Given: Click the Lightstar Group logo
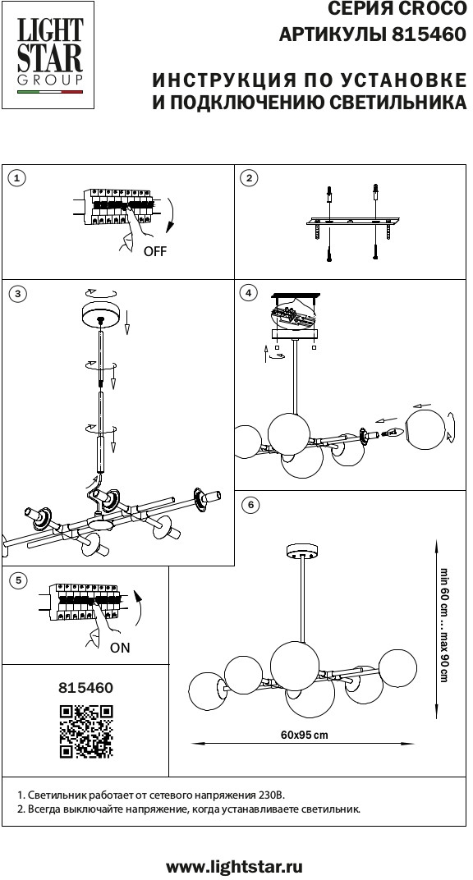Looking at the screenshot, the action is pos(48,55).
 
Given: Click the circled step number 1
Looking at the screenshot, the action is pos(19,178).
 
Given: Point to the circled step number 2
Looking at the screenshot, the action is pos(249,178).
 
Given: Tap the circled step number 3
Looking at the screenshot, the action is pos(19,294).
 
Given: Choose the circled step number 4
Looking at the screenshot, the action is pos(249,292).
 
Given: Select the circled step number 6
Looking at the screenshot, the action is pos(250,505).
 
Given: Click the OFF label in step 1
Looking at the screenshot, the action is pos(155,251).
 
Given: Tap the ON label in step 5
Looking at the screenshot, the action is pos(120,648).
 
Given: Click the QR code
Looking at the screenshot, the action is pos(86,732).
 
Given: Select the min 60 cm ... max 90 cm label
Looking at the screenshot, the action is pos(443,625).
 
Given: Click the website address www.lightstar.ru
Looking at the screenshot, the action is pos(235,867).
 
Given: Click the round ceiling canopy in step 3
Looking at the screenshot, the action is pos(101,314).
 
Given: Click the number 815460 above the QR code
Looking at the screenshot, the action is pos(86,688).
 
